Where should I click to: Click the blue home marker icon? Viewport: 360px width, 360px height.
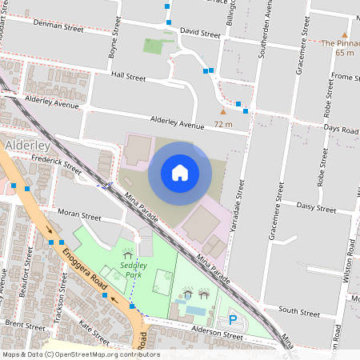(x=180, y=173)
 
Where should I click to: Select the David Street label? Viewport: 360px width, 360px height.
(x=200, y=34)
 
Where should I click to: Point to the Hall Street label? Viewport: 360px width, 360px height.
(x=128, y=78)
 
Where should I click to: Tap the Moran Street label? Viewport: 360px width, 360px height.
(x=79, y=217)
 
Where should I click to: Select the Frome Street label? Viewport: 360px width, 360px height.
(x=346, y=77)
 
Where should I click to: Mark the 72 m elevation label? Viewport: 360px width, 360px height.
(x=222, y=124)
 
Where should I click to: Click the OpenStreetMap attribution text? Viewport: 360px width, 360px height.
(x=81, y=354)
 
